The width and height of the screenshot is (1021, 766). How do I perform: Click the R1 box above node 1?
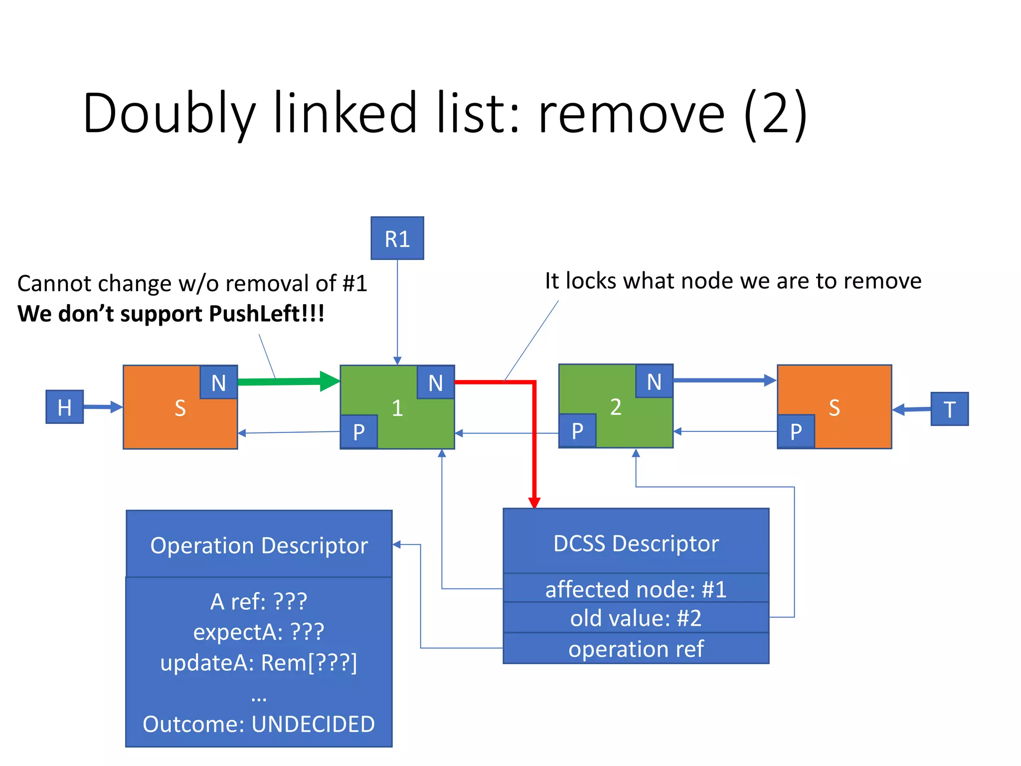click(x=397, y=238)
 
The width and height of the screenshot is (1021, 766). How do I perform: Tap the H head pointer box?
click(x=64, y=407)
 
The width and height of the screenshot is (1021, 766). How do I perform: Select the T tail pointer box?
click(x=949, y=409)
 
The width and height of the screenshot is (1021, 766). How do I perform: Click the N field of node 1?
click(x=435, y=383)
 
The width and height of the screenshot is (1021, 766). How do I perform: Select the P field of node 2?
click(x=577, y=430)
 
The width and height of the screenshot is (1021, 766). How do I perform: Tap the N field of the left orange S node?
click(x=218, y=383)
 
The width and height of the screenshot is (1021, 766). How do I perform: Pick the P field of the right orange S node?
click(x=796, y=431)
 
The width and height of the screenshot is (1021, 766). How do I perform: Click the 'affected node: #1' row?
click(x=636, y=589)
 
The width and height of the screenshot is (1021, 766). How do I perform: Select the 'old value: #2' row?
click(x=636, y=618)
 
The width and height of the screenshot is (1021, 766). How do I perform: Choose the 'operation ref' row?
click(x=636, y=649)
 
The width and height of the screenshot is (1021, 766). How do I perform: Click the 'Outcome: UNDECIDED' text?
click(x=259, y=724)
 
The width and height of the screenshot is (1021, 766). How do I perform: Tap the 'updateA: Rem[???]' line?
click(x=259, y=662)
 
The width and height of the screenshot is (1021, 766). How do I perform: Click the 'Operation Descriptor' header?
click(x=259, y=545)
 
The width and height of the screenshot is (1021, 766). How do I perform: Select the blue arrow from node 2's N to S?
click(x=723, y=381)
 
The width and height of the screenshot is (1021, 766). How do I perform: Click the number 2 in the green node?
click(x=616, y=407)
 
